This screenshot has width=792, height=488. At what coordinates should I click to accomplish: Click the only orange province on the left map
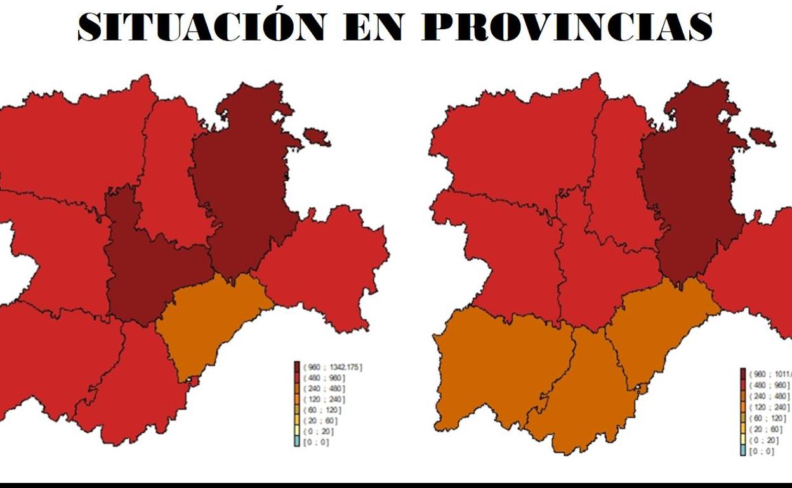click(x=209, y=323)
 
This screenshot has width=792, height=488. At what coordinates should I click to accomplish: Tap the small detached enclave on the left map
click(x=316, y=136)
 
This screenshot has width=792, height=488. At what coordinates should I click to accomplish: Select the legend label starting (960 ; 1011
click(x=769, y=375)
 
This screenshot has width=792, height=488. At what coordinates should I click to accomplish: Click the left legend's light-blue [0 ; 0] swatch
click(x=296, y=442)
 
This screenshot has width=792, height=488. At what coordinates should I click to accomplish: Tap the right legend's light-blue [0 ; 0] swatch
click(x=743, y=451)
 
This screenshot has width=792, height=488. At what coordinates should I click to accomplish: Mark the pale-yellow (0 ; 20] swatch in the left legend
click(x=296, y=432)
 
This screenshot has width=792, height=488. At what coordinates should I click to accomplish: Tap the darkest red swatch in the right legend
click(x=743, y=374)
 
